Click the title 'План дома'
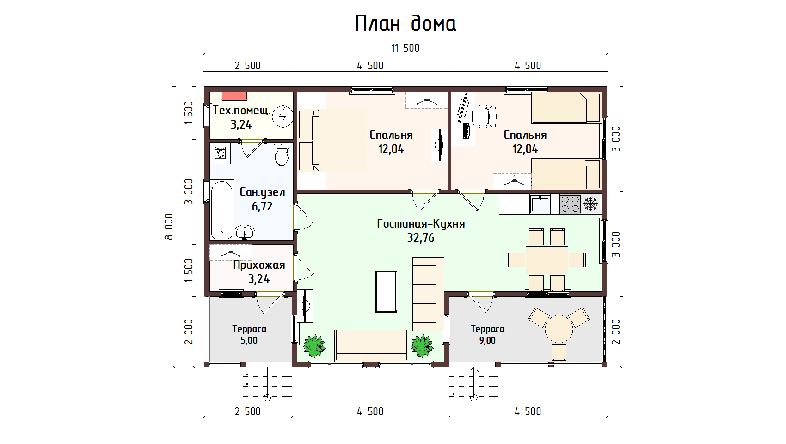click(x=405, y=24)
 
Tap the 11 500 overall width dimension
click(x=405, y=48)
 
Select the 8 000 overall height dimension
click(x=169, y=227)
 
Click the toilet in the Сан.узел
click(x=282, y=154)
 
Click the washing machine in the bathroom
click(x=221, y=154)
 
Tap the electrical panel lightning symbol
click(x=283, y=116)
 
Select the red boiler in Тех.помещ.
click(x=234, y=96)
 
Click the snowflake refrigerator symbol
click(x=591, y=204)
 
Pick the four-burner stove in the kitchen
click(x=570, y=204)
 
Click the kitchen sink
click(x=540, y=204)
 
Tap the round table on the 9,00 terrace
click(x=559, y=329)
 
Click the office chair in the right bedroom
click(x=484, y=116)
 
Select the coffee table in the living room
click(x=387, y=292)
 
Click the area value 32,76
click(x=421, y=238)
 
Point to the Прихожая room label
click(x=259, y=265)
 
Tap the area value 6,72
click(x=262, y=206)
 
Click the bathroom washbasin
click(x=245, y=233)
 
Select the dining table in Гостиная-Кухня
click(x=547, y=260)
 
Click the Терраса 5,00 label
click(x=249, y=334)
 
